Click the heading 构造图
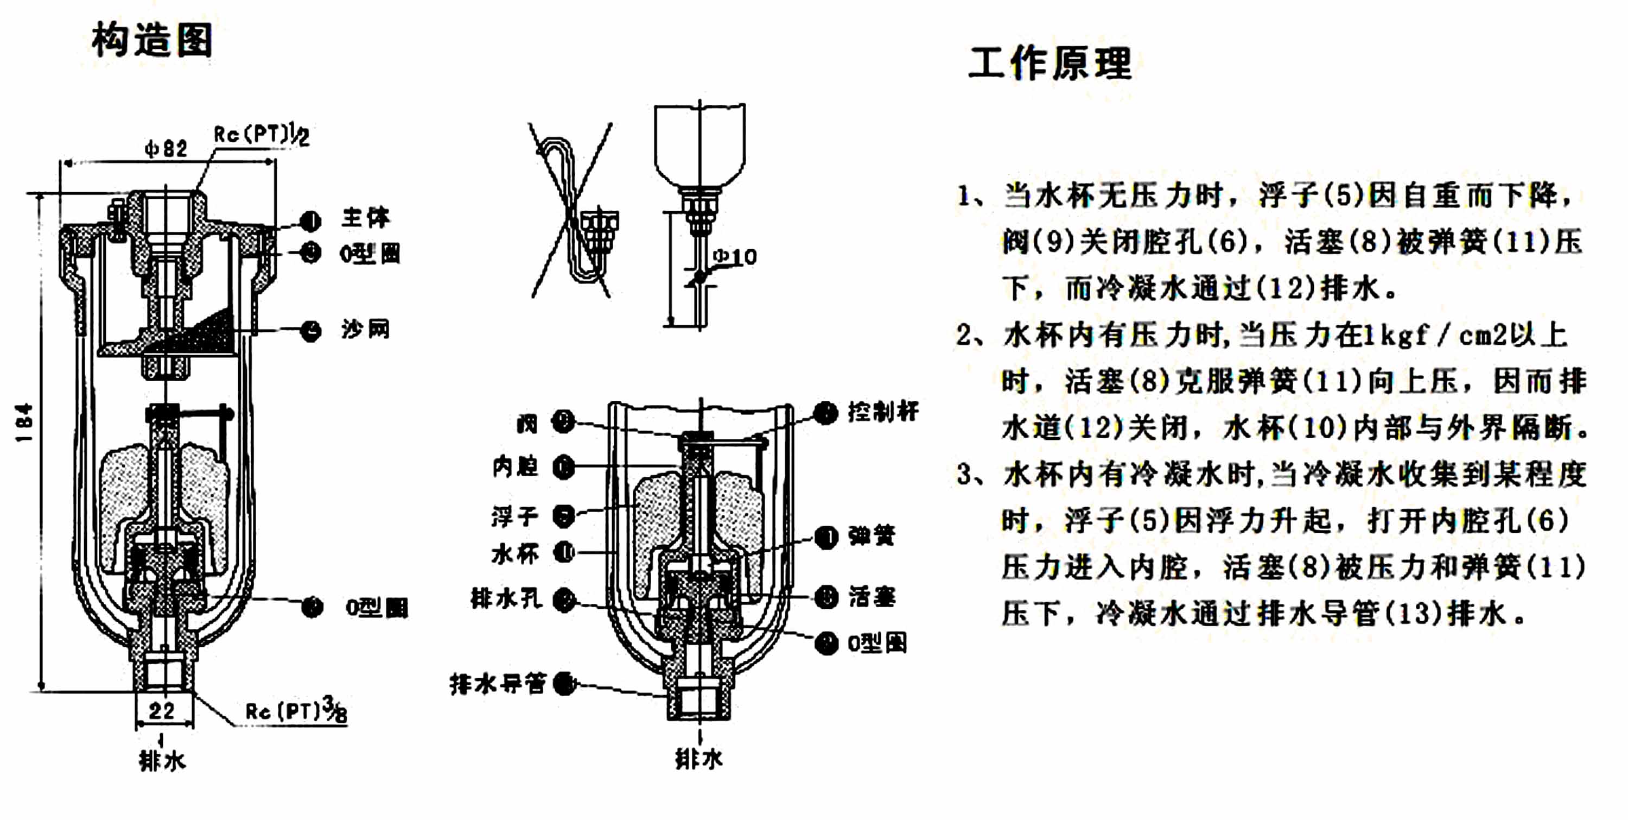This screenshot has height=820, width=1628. [x=152, y=39]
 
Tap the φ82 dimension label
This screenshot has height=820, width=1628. [x=166, y=149]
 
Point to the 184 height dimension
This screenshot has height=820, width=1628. [x=24, y=422]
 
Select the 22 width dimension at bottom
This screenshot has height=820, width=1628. [x=162, y=711]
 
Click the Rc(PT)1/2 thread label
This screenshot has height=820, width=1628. [x=261, y=135]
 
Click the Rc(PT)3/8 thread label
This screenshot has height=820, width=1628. [x=296, y=711]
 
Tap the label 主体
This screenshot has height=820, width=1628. [x=365, y=218]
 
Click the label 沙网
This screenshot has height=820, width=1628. [x=365, y=330]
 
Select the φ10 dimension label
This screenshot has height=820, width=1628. [x=734, y=257]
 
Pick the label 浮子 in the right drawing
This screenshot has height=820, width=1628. [x=514, y=516]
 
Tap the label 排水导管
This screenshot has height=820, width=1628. [x=497, y=684]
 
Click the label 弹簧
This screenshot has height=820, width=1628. [x=872, y=536]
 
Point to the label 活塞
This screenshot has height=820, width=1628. [x=872, y=596]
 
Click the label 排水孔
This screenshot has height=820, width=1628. [x=506, y=598]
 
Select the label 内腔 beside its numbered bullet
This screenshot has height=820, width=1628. [x=514, y=466]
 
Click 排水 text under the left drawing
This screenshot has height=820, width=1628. [x=162, y=761]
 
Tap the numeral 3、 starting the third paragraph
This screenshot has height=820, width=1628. [x=970, y=474]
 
